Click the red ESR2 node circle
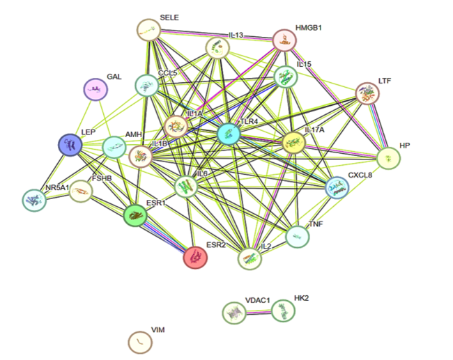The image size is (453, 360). [x=195, y=257]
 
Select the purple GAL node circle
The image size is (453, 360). [x=95, y=90]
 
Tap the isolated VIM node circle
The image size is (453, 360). [x=140, y=342]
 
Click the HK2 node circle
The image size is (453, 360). [x=283, y=311]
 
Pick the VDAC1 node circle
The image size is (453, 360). [x=234, y=313]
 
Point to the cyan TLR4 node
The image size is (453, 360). [x=229, y=134]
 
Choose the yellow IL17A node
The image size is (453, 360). [x=293, y=142]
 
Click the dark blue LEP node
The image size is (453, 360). [x=70, y=145]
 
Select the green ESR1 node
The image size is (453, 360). [x=135, y=215]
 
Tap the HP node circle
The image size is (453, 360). [x=389, y=158]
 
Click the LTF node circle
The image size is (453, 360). [x=367, y=93]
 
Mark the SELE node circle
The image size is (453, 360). [x=148, y=30]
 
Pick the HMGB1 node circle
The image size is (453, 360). [x=284, y=40]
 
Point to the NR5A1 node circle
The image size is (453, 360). [x=34, y=200]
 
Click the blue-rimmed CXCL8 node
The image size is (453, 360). [x=337, y=187]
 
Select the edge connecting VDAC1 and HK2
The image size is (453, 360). [x=259, y=312]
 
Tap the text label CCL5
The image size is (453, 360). [x=167, y=72]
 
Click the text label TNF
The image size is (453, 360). [x=316, y=224]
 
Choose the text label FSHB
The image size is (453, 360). [x=102, y=178]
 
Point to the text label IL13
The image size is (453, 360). [x=236, y=35]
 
